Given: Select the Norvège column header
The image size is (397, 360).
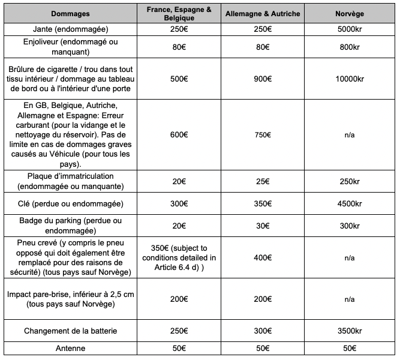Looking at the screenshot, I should point(350,14).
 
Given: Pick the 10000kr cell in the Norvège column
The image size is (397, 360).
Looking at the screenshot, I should point(350,78).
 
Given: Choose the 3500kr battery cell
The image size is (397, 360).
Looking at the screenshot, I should point(350,331).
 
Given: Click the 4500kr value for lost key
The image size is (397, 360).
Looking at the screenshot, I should point(350,204).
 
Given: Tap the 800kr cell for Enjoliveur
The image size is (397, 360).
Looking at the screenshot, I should point(350,47).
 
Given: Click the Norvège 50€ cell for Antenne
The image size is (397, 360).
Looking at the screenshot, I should point(350,348).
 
